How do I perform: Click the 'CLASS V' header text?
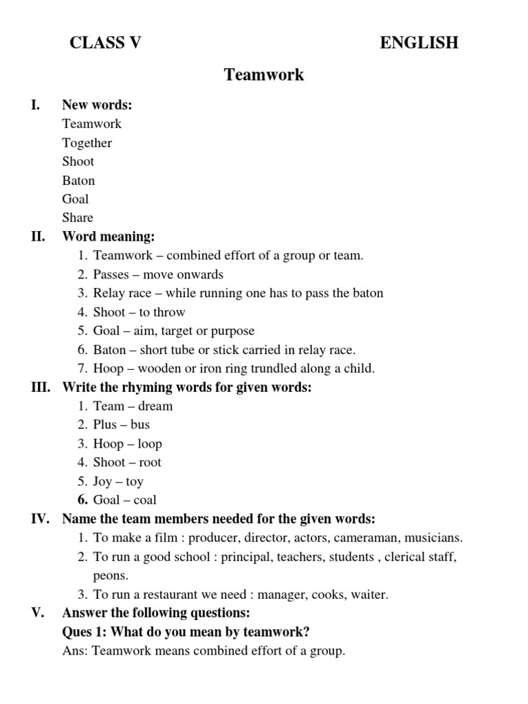coord(105,43)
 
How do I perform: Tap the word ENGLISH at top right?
coord(419,43)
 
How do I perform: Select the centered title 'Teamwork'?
coord(264,75)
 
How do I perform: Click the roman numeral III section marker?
coord(41,387)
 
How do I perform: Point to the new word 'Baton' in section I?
coord(78,181)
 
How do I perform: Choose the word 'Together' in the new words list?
coord(87,143)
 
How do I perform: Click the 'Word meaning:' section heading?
coord(109,236)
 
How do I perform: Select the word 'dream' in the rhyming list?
coord(155,406)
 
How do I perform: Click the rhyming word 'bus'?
coord(140,425)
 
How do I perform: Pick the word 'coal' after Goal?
coord(145,500)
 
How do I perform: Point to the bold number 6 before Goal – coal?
coord(82,500)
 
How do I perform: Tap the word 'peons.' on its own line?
coord(111,575)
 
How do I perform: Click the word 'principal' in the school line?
coord(245,557)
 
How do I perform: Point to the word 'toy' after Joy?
coord(135,482)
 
